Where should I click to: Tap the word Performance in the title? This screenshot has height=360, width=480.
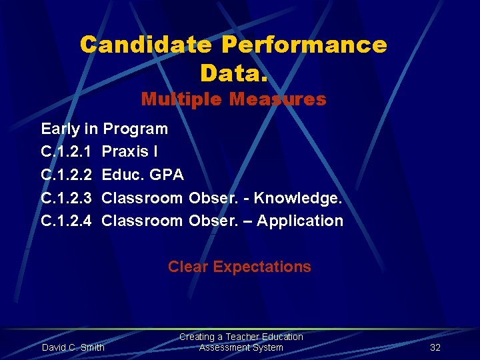click(x=304, y=45)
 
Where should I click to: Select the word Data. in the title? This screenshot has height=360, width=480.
click(x=233, y=73)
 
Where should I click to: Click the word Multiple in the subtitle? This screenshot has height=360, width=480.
click(x=181, y=100)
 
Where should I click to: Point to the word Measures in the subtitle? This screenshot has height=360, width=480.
click(x=277, y=100)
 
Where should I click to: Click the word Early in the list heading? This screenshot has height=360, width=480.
click(x=60, y=129)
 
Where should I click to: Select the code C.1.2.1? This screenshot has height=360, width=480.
click(x=66, y=152)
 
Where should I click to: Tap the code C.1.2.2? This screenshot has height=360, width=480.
click(x=66, y=175)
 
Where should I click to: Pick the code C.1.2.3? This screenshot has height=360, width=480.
click(x=66, y=198)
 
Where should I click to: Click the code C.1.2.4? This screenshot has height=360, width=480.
click(x=66, y=221)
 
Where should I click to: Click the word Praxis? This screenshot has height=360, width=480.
click(x=125, y=152)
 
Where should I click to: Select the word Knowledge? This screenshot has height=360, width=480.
click(x=297, y=198)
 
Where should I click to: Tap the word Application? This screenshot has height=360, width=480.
click(x=300, y=221)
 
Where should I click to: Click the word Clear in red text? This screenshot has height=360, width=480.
click(x=189, y=267)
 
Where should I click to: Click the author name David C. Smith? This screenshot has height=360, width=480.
click(x=73, y=347)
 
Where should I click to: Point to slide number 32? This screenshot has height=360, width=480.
click(x=435, y=347)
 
